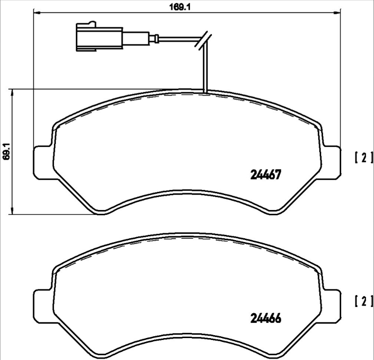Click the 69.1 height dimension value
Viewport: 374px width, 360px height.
pyautogui.click(x=7, y=151)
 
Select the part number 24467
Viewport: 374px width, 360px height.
pyautogui.click(x=264, y=175)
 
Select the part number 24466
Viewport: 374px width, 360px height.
pyautogui.click(x=264, y=318)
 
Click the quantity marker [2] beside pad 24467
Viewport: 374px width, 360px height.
pyautogui.click(x=364, y=158)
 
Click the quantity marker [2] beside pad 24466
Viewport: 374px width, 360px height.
pyautogui.click(x=364, y=301)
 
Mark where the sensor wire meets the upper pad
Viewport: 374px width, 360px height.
pyautogui.click(x=204, y=92)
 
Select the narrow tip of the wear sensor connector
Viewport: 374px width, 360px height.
pyautogui.click(x=154, y=39)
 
